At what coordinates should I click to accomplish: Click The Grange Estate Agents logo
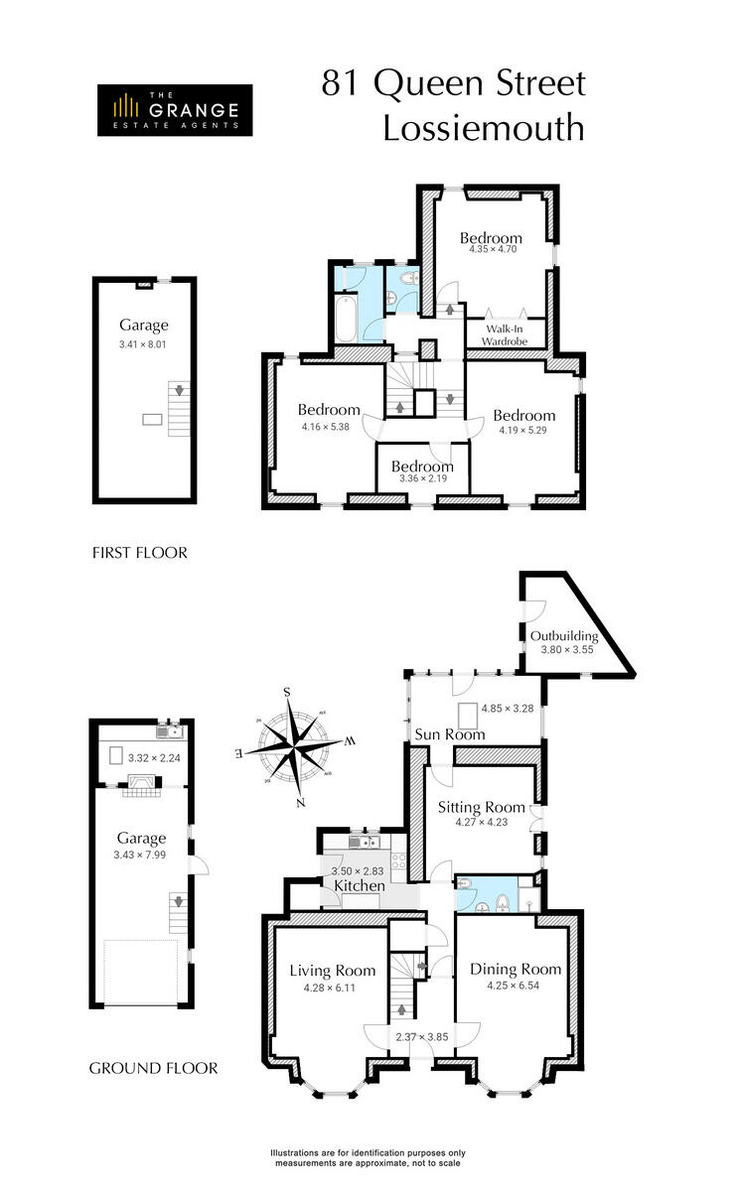click(174, 109)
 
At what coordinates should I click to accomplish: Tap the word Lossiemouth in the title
click(484, 128)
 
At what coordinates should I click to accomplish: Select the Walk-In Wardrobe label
click(505, 333)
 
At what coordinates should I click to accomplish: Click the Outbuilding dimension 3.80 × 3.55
click(564, 650)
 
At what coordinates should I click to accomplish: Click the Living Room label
click(333, 970)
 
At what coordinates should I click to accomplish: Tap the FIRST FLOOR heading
click(138, 553)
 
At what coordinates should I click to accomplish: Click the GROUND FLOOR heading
click(153, 1069)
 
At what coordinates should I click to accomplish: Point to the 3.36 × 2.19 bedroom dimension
click(422, 478)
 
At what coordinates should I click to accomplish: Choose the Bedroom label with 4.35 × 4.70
click(491, 238)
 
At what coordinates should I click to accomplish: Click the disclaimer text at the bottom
click(369, 1157)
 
